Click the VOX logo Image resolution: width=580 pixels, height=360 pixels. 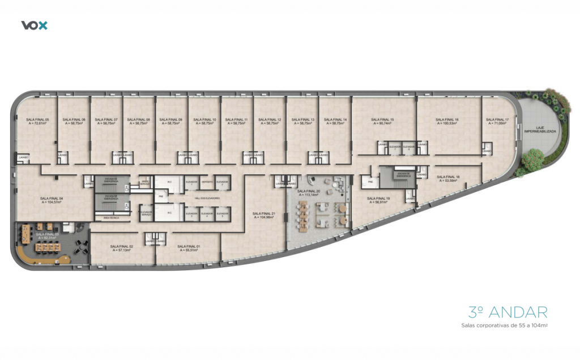pyautogui.click(x=34, y=25)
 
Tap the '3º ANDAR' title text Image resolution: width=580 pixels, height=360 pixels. pyautogui.click(x=508, y=312)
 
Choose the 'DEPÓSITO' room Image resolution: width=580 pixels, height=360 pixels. pyautogui.click(x=207, y=183)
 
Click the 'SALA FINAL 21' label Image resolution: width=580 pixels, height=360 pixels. pyautogui.click(x=264, y=213)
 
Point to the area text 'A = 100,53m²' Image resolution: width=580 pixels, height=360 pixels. pyautogui.click(x=447, y=123)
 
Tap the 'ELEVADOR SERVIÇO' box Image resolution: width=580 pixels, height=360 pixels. pyautogui.click(x=145, y=212)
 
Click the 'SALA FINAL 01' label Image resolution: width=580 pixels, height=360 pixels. pyautogui.click(x=187, y=246)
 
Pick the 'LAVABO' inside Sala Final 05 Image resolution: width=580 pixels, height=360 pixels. pyautogui.click(x=23, y=157)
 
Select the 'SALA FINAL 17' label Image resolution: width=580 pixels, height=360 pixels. pyautogui.click(x=497, y=119)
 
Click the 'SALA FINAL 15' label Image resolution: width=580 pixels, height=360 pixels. pyautogui.click(x=382, y=119)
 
